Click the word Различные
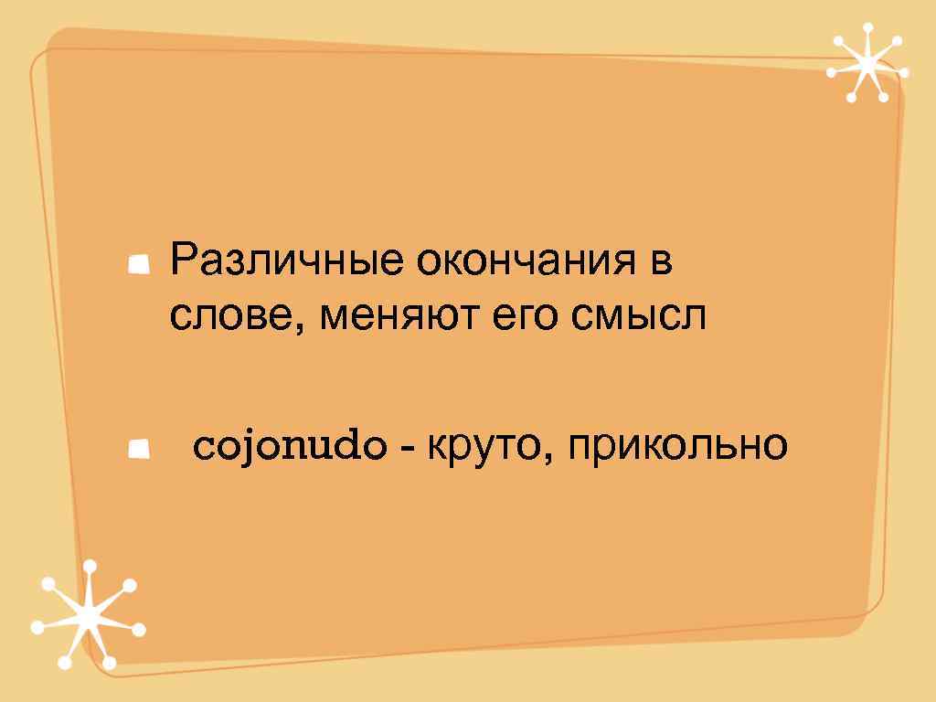pos(288,263)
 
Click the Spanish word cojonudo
pos(288,448)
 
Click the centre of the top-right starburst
pos(866,62)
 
